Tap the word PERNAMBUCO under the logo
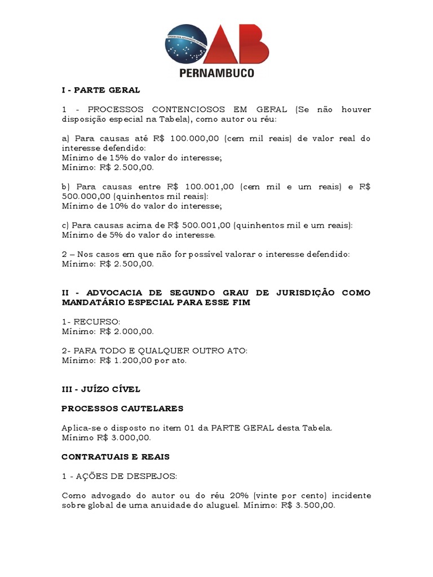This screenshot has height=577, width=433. point(216,73)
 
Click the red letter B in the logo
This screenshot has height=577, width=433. point(249,45)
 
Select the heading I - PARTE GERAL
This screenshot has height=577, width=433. point(100,90)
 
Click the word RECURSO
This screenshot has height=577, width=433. point(94,322)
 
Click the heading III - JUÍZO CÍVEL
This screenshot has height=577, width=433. point(101,389)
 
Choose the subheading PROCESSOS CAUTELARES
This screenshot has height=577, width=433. point(122,409)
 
